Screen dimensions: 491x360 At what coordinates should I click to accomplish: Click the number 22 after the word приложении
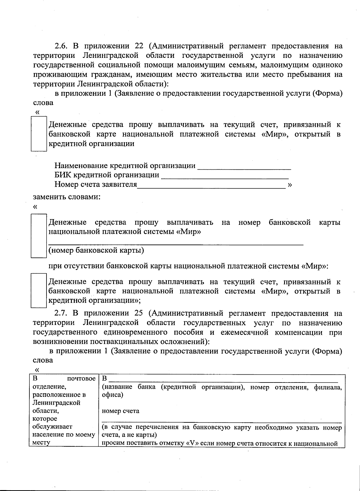[x=139, y=46]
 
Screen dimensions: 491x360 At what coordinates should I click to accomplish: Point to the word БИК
[x=63, y=175]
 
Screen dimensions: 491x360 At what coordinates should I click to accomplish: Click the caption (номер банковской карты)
[x=96, y=250]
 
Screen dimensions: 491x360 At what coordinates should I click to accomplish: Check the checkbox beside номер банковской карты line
[x=39, y=236]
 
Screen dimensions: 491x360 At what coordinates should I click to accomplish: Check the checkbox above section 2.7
[x=39, y=291]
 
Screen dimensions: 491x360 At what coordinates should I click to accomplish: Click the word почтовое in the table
[x=81, y=379]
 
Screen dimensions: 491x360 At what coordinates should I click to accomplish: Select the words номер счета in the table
[x=121, y=411]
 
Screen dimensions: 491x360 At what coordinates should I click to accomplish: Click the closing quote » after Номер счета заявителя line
[x=290, y=185]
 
